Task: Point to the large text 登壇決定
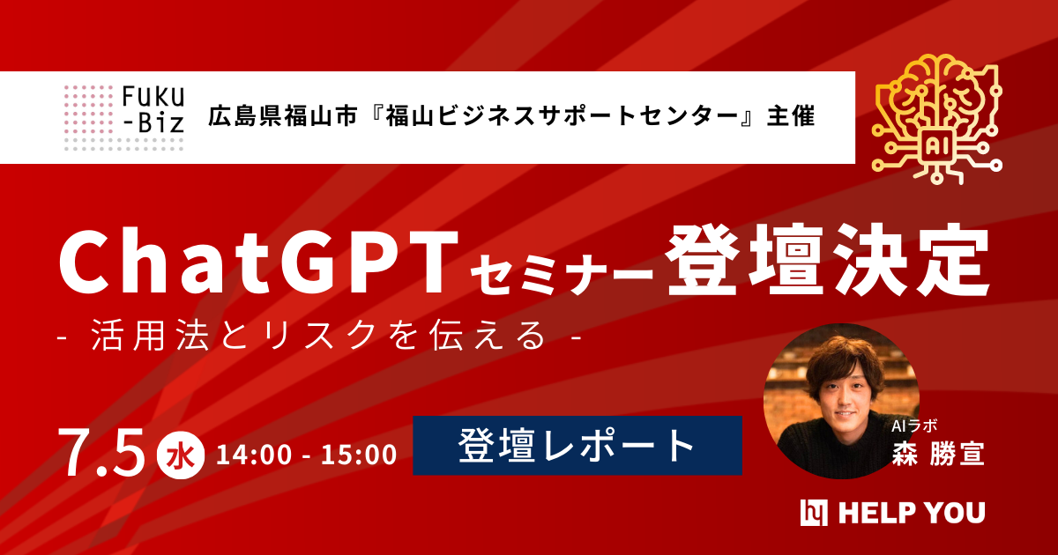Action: pyautogui.click(x=827, y=263)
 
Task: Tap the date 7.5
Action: pyautogui.click(x=101, y=451)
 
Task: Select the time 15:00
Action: pyautogui.click(x=358, y=455)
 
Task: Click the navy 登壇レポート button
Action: pyautogui.click(x=577, y=446)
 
